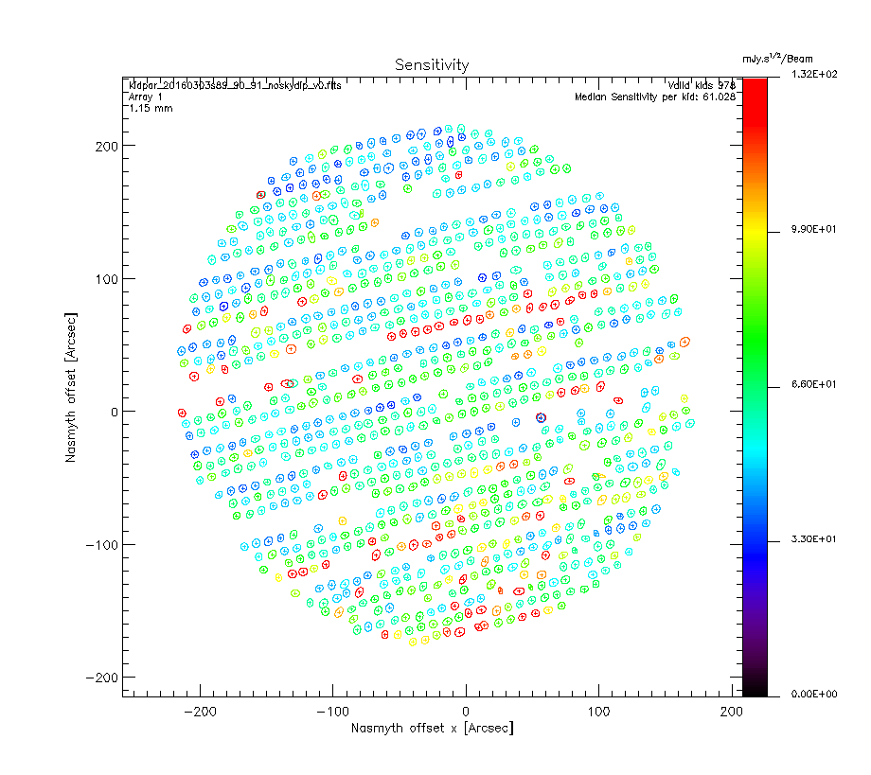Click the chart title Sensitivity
point(431,64)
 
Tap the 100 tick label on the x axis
point(597,711)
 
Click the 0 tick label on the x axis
point(465,711)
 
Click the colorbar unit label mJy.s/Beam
point(776,59)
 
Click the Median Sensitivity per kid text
point(655,97)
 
